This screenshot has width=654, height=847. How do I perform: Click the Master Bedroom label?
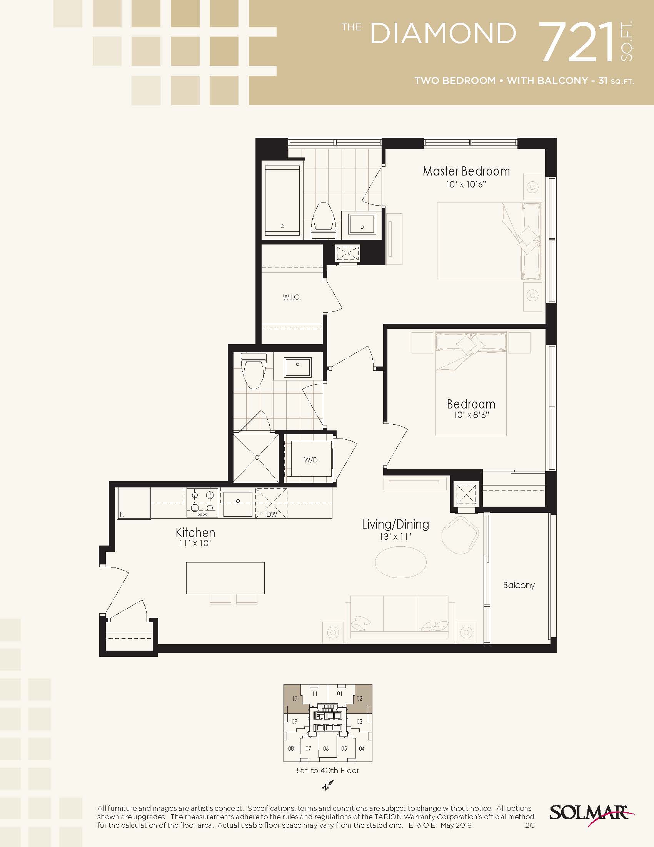(466, 171)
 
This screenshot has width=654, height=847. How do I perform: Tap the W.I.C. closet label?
(292, 297)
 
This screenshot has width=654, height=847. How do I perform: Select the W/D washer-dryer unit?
(311, 459)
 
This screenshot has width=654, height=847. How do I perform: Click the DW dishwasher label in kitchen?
(272, 514)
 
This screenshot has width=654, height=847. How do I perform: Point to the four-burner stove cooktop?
(202, 502)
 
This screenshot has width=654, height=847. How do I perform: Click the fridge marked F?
(133, 503)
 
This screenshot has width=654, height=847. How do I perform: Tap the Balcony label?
(519, 585)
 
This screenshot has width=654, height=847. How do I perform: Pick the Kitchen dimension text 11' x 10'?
(195, 543)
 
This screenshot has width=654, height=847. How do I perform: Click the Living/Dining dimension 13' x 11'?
(395, 537)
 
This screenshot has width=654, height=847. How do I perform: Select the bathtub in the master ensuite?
(282, 201)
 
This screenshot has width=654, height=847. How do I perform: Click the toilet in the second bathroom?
(254, 370)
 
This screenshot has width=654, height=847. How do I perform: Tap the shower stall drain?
(257, 458)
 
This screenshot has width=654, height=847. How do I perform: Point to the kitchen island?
(225, 578)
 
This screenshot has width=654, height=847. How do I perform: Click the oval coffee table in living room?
(401, 562)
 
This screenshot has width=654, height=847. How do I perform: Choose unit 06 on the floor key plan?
(326, 748)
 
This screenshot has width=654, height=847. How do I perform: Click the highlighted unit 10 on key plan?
(295, 698)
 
